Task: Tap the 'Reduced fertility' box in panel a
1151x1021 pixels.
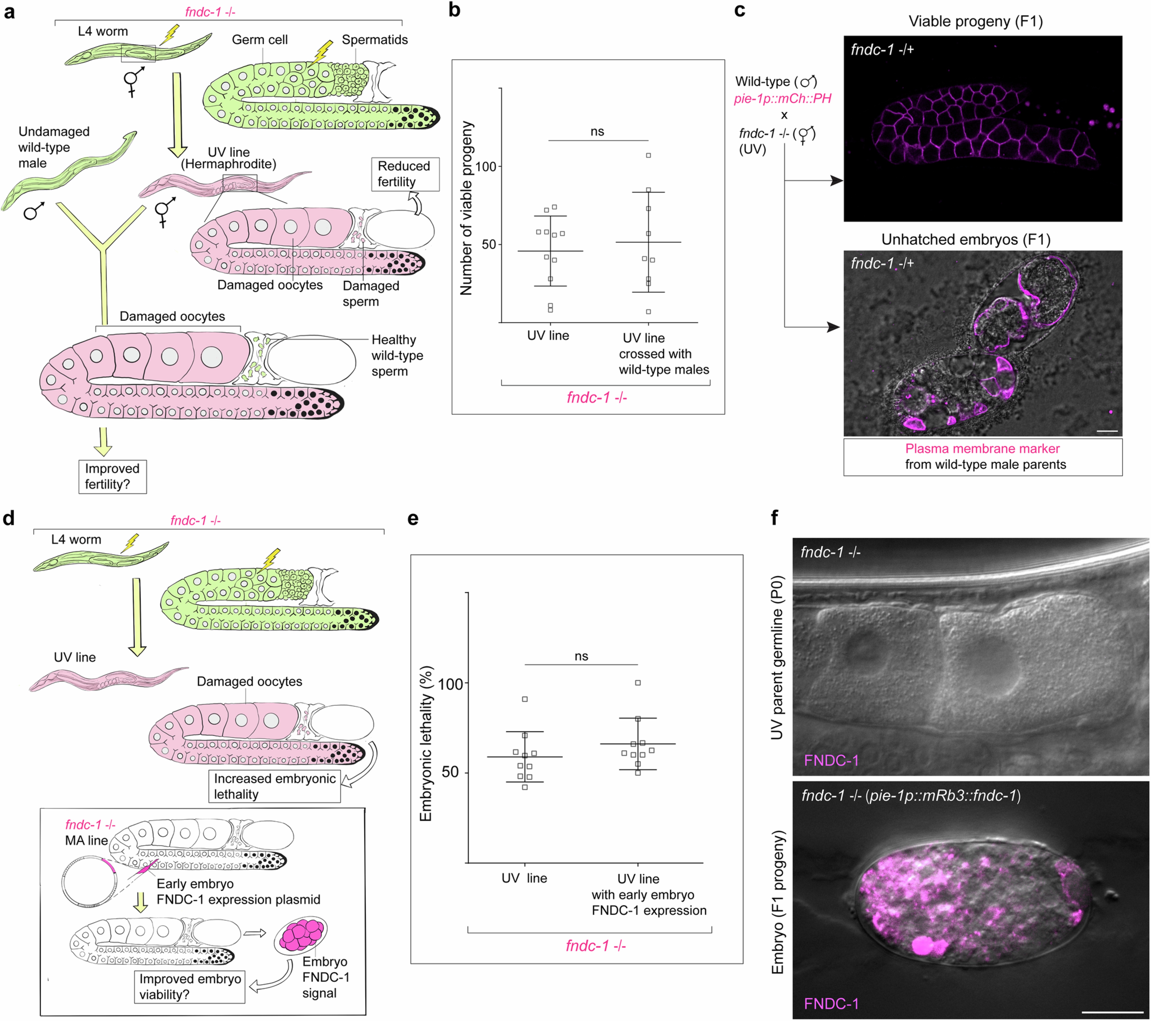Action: (x=404, y=174)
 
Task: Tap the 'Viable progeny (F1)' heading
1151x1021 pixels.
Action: (x=975, y=21)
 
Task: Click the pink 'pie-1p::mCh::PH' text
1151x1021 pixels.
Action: (x=782, y=98)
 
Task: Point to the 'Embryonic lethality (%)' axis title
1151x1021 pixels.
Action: (x=426, y=743)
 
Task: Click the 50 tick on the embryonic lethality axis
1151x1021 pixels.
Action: (x=450, y=772)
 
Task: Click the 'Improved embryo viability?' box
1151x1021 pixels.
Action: (x=190, y=987)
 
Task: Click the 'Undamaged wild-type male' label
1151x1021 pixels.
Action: (x=54, y=147)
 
